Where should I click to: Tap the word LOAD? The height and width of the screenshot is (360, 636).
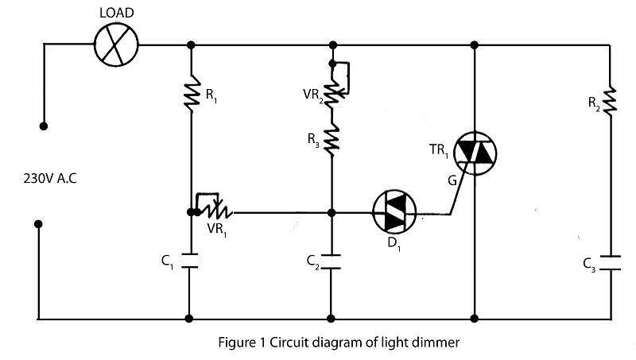(x=117, y=13)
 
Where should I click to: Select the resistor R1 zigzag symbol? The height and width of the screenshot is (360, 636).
(x=192, y=93)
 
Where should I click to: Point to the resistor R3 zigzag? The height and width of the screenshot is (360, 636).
(x=332, y=140)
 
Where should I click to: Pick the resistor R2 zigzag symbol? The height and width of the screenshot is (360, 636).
(x=610, y=99)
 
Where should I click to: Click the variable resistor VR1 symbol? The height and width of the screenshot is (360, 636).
(x=213, y=207)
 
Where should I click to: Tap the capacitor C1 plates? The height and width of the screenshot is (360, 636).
(x=189, y=261)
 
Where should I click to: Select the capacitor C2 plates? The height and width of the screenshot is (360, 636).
(x=331, y=261)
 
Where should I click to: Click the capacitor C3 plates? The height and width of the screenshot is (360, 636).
(x=611, y=263)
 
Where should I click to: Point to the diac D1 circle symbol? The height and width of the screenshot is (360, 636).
(x=394, y=212)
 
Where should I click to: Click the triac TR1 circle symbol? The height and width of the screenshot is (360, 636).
(x=475, y=153)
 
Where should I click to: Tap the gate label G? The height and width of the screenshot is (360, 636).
(x=452, y=180)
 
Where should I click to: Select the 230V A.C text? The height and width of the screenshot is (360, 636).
(x=50, y=178)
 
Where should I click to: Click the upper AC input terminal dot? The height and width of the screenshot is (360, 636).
(x=44, y=126)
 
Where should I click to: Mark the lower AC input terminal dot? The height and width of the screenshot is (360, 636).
(x=38, y=224)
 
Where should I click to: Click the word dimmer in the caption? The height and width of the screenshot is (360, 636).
(x=435, y=343)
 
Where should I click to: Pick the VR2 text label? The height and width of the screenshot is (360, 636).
(x=313, y=95)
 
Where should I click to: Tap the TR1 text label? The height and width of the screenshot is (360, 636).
(x=439, y=151)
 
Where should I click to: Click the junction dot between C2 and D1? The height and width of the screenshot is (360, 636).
(x=332, y=212)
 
